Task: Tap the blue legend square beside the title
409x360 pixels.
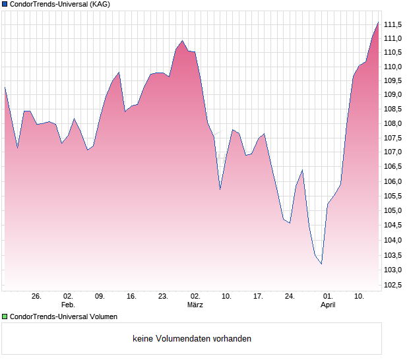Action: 5,4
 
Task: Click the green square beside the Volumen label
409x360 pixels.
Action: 5,316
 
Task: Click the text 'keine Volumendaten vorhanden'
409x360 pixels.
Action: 192,339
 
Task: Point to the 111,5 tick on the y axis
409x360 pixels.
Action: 393,24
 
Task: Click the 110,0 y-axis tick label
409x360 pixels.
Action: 393,67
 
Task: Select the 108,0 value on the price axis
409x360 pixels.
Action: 393,124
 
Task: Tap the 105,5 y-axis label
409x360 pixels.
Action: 393,196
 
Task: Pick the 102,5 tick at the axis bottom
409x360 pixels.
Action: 393,285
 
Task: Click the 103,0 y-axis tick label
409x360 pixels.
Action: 393,270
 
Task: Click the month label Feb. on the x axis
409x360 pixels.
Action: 68,305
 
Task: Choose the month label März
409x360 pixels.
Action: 195,305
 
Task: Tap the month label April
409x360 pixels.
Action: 328,305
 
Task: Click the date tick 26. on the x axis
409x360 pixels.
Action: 36,296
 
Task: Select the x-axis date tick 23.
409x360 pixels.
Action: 163,296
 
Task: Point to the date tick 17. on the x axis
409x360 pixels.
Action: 258,296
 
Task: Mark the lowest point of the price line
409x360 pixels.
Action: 321,264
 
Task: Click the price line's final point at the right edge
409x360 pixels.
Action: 379,22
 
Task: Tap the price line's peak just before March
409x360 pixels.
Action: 182,41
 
